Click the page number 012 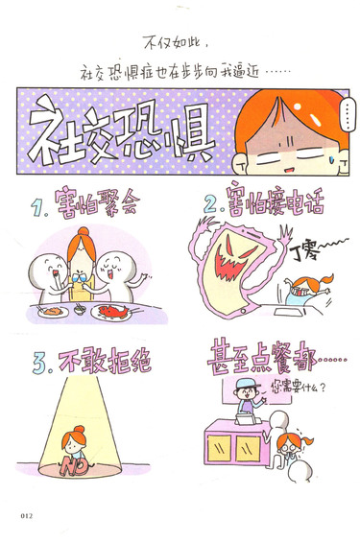coord(27,516)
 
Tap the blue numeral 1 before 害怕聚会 coord(37,207)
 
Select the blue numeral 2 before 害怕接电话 coord(211,204)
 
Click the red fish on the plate coord(113,311)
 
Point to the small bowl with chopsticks coord(81,309)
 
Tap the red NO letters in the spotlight coord(74,466)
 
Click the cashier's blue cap coord(246,384)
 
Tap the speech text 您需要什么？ coord(298,389)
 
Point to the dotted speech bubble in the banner coord(348,114)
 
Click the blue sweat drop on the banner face coord(332,159)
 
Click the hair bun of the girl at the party coord(83,231)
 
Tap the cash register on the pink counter coord(249,419)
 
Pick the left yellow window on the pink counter coord(219,448)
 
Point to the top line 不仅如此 coord(176,43)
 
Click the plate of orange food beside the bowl coord(53,312)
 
